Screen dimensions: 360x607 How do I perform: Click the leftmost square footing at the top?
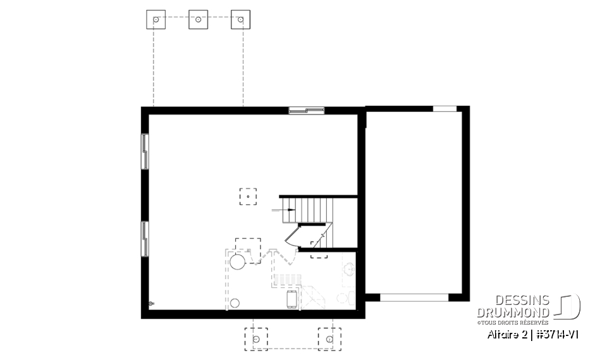tap(155, 20)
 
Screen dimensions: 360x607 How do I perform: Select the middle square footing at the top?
tap(198, 20)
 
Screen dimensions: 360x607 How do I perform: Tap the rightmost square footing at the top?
tap(240, 20)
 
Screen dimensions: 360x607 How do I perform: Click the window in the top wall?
tap(307, 111)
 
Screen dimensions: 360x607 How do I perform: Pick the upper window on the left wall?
tap(145, 152)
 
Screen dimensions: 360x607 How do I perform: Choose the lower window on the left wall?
tap(145, 239)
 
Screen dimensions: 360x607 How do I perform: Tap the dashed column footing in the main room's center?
tap(248, 197)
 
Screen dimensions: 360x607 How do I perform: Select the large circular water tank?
tap(237, 261)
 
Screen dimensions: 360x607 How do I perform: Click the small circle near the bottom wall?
tap(235, 302)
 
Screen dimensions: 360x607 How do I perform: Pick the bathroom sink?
tap(349, 270)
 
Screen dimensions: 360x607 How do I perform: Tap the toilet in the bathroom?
tap(344, 298)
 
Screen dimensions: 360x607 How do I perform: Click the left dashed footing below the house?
tap(256, 338)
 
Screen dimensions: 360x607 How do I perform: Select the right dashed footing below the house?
tap(329, 338)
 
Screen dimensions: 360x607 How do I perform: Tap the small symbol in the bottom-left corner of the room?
tap(150, 304)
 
